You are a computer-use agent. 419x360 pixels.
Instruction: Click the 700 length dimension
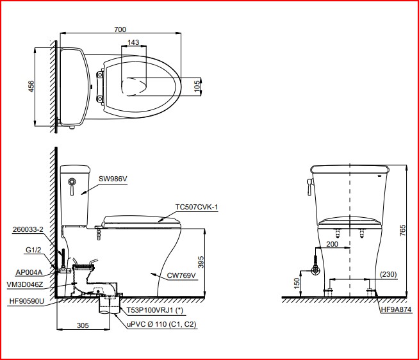coord(120,29)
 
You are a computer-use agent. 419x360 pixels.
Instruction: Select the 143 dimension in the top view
coord(133,42)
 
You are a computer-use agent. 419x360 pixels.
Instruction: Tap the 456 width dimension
coord(31,86)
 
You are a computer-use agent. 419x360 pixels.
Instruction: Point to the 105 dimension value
coord(197,86)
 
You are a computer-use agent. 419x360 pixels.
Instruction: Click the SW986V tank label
coord(113,179)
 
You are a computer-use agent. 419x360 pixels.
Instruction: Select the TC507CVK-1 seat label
coord(197,207)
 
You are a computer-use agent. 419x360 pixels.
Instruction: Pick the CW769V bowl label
coord(181,275)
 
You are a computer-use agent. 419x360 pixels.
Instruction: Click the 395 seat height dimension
coord(201,262)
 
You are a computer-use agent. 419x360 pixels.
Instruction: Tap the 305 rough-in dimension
coord(83,325)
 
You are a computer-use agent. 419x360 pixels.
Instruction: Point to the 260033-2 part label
coord(28,229)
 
